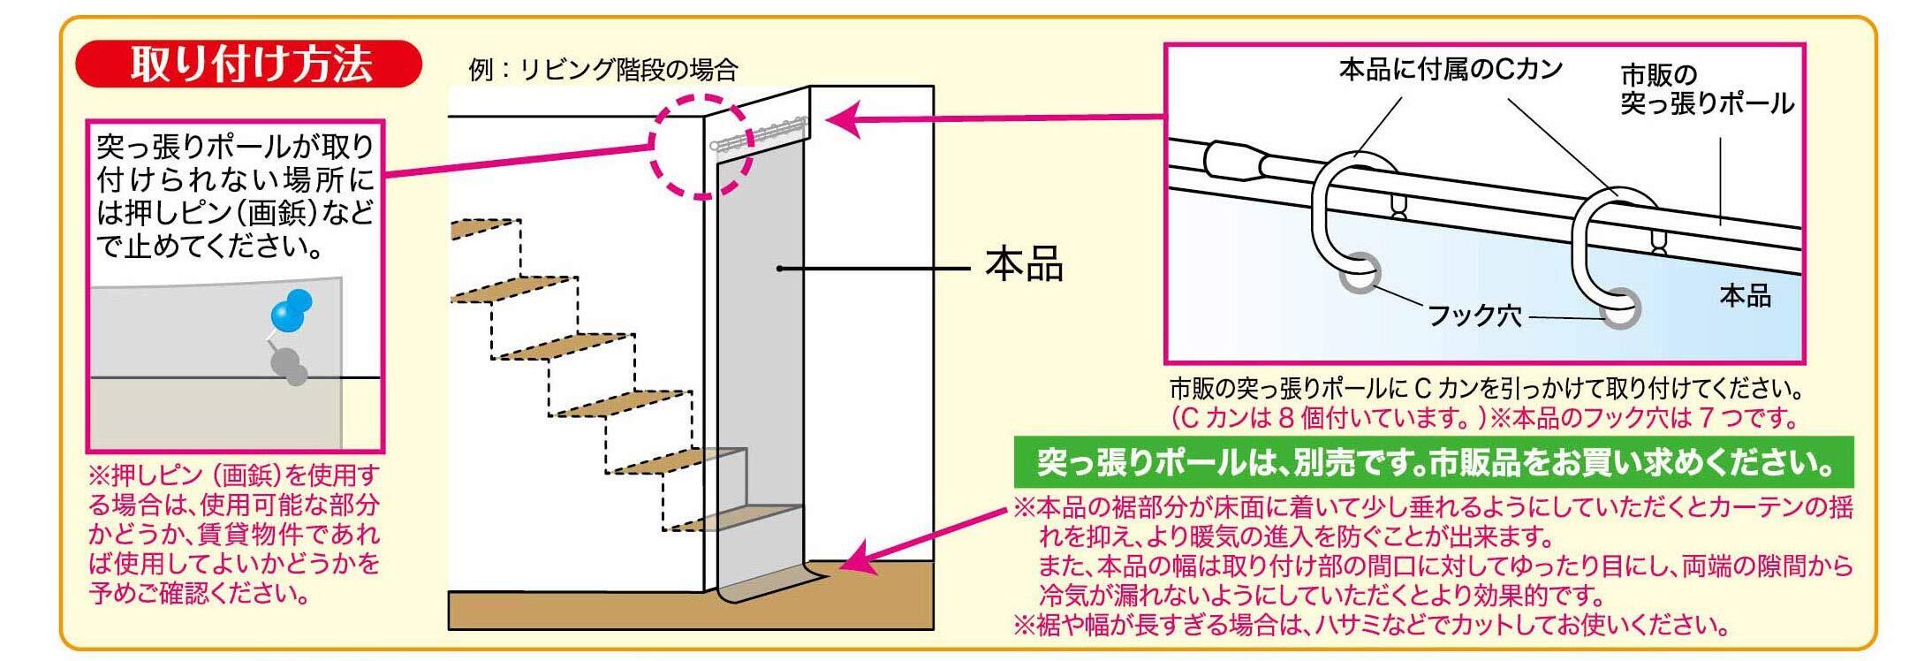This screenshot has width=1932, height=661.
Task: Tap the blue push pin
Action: click(x=292, y=310)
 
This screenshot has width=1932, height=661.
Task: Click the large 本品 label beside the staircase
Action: click(x=1024, y=266)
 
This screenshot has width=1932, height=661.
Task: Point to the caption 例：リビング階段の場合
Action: click(x=603, y=69)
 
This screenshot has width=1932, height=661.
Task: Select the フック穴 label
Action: click(x=1474, y=315)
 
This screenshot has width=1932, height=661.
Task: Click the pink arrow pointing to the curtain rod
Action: click(x=989, y=118)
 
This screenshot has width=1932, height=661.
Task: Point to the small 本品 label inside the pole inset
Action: click(x=1745, y=296)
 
